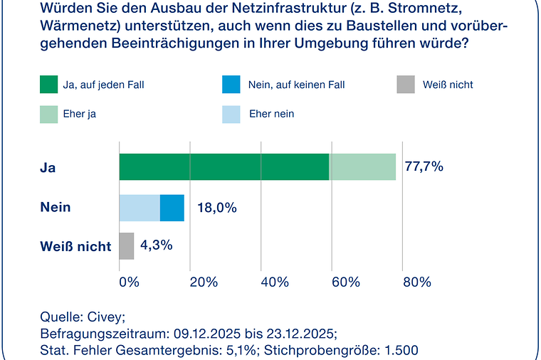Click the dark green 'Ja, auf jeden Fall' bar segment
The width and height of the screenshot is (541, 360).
click(x=224, y=166)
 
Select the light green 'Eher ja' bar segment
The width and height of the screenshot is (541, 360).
click(x=362, y=166)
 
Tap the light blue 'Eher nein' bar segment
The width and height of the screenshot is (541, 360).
click(x=140, y=208)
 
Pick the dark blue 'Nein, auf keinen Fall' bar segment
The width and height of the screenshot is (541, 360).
click(x=172, y=208)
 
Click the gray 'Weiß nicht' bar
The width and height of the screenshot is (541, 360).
click(x=127, y=246)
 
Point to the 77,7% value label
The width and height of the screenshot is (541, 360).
click(x=424, y=167)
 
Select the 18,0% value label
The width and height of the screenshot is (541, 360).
click(x=216, y=208)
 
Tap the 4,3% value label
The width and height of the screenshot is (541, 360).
click(x=156, y=245)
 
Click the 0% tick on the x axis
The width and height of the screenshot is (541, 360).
click(x=129, y=282)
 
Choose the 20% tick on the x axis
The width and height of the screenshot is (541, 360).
click(x=204, y=282)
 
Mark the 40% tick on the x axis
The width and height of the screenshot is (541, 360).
click(x=275, y=282)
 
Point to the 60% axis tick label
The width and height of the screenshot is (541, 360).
click(x=346, y=282)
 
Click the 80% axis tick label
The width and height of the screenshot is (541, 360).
click(x=417, y=282)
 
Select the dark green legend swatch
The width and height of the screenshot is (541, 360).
click(x=49, y=85)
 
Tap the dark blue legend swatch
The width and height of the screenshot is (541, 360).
click(x=231, y=85)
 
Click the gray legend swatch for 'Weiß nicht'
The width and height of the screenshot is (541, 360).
click(x=406, y=85)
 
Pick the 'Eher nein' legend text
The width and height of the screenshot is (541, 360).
click(x=271, y=114)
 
